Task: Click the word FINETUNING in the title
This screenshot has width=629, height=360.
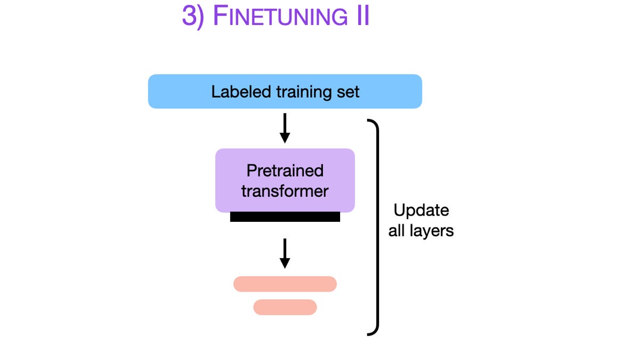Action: pos(280,16)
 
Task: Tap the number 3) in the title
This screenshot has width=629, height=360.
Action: pos(192,17)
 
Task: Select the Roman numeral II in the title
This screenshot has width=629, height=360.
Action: pos(362,16)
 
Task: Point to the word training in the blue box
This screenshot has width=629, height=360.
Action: pos(304,92)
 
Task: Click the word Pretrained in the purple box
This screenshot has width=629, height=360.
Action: pos(285,171)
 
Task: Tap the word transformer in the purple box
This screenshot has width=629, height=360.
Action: pos(285,191)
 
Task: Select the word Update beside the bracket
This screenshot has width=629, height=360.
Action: pos(421,211)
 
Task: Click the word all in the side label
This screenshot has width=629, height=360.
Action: pos(397,231)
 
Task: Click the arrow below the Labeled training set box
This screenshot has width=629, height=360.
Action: pos(285,128)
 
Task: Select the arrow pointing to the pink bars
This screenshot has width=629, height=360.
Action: pos(285,253)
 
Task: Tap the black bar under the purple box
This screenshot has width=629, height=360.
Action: pos(285,217)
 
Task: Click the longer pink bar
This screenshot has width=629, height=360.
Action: pos(285,284)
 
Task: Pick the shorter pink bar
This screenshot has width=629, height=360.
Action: pos(285,307)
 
